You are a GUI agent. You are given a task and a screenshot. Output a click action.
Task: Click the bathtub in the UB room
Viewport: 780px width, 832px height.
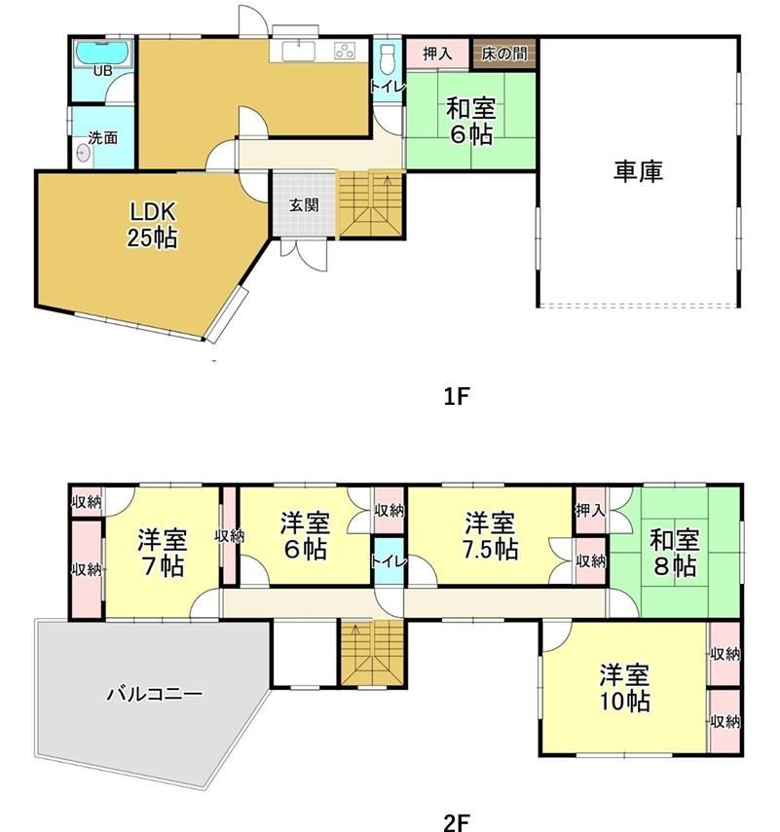point(102,54)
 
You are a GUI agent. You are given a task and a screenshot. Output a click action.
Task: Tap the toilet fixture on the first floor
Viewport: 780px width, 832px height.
point(389,60)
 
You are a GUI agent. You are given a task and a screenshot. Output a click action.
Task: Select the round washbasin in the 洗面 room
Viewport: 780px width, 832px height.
point(83,154)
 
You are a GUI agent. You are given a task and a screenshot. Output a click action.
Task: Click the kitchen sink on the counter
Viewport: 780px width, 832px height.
point(298,52)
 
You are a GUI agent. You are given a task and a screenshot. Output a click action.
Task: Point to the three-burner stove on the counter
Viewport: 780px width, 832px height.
point(345,51)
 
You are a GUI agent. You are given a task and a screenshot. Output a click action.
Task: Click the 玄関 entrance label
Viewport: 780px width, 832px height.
point(304,205)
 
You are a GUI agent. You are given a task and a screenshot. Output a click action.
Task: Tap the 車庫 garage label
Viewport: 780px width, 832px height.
point(638,171)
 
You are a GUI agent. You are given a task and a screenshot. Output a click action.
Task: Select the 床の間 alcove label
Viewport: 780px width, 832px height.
point(503,54)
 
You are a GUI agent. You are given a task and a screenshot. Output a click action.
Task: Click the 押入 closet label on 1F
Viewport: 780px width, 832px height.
point(437,54)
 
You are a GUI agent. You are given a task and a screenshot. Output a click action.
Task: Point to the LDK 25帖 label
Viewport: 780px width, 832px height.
point(152,225)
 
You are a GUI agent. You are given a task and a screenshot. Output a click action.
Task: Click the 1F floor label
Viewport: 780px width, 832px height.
point(457,396)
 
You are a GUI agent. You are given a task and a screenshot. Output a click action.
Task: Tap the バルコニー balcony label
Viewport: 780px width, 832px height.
point(155,694)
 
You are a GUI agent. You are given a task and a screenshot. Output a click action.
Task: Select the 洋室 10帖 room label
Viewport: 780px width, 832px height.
point(624,688)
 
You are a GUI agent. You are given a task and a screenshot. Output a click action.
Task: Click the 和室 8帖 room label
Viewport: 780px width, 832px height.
point(674,553)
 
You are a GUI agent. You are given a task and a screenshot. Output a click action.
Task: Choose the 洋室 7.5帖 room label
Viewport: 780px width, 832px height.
point(490,536)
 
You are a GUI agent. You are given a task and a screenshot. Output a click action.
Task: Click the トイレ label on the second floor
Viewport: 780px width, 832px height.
point(389,561)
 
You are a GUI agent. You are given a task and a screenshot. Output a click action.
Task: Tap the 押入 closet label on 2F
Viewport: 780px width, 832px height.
point(590,511)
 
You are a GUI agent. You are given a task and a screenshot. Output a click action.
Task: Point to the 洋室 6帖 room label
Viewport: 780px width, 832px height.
point(306,536)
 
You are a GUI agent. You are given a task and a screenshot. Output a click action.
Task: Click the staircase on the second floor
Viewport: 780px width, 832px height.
point(373,653)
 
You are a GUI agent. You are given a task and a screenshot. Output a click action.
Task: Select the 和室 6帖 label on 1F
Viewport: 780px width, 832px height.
point(471,121)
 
